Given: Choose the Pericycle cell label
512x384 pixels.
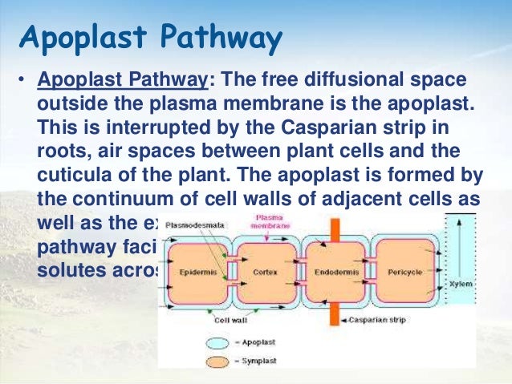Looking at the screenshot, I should click(x=406, y=271).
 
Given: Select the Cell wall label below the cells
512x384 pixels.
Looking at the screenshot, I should click(x=230, y=319).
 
